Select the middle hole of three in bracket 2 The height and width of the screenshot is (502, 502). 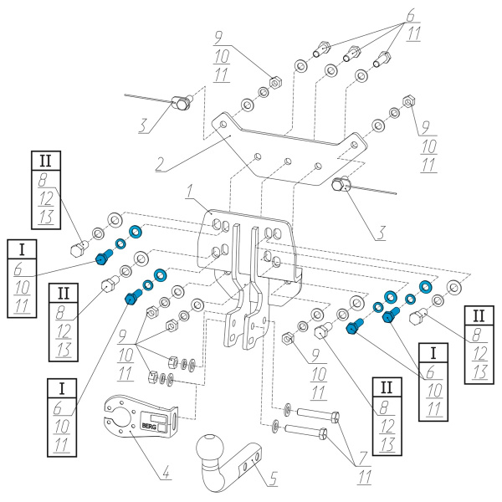[x=287, y=160]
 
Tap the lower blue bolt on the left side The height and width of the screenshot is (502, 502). [x=132, y=298]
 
